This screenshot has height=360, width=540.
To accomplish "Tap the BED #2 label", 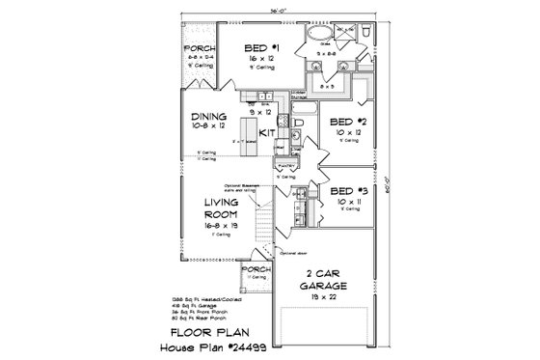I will [x=345, y=122].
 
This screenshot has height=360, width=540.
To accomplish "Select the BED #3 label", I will [x=345, y=192].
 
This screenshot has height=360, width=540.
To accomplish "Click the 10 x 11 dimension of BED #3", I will [x=345, y=204].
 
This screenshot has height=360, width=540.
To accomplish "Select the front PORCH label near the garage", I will [x=256, y=270].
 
